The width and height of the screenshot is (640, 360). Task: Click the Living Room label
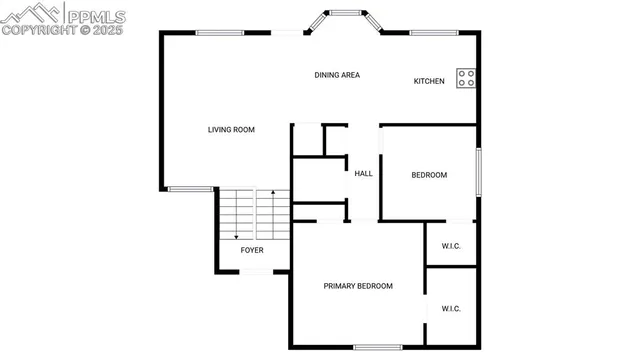point(231,129)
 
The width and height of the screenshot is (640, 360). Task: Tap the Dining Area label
point(337,75)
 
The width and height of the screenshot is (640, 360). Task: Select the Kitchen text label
point(429,81)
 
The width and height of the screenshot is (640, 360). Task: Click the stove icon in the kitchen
point(466,77)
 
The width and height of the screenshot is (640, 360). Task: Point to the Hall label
point(363,174)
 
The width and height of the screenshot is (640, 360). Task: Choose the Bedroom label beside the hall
point(429,175)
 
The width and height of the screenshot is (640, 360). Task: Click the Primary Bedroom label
point(357,286)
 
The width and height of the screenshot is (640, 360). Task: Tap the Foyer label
point(251,250)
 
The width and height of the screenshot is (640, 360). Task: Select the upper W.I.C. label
point(450,246)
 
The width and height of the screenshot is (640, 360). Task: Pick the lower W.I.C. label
point(450,309)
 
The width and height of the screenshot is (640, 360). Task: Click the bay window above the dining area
point(345,15)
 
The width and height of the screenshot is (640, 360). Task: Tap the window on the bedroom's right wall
point(478,171)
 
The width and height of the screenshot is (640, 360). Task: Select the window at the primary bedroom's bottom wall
point(377,347)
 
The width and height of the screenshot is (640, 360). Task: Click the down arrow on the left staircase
point(237,235)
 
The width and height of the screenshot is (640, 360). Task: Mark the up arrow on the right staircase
point(272,192)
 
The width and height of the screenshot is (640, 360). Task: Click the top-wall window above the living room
point(220,33)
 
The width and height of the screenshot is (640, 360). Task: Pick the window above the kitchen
point(434,33)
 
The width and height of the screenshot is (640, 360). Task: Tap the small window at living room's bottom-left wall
point(189,189)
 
